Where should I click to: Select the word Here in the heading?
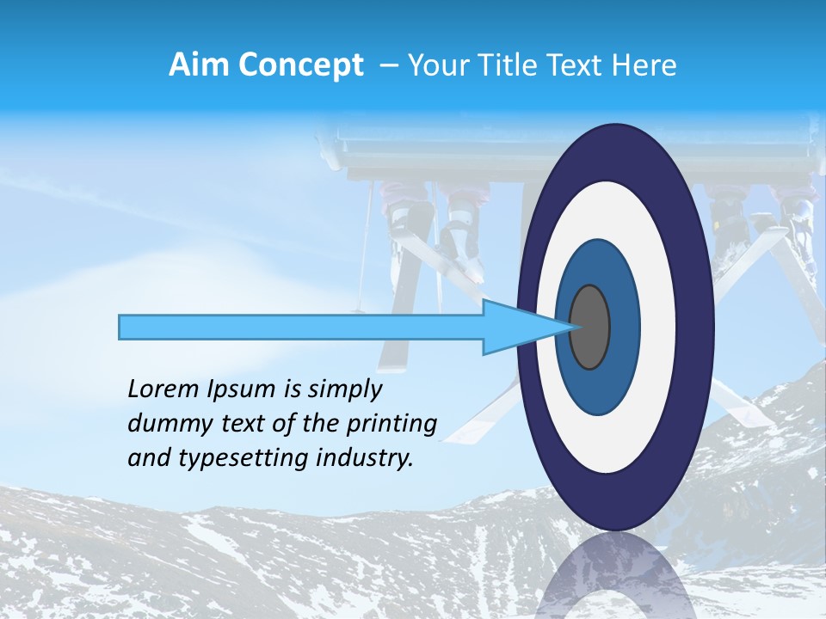point(644,65)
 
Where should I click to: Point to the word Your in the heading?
point(437,65)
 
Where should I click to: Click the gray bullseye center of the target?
point(590,327)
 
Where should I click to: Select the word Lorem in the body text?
point(163,389)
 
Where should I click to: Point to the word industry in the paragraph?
point(361,458)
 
